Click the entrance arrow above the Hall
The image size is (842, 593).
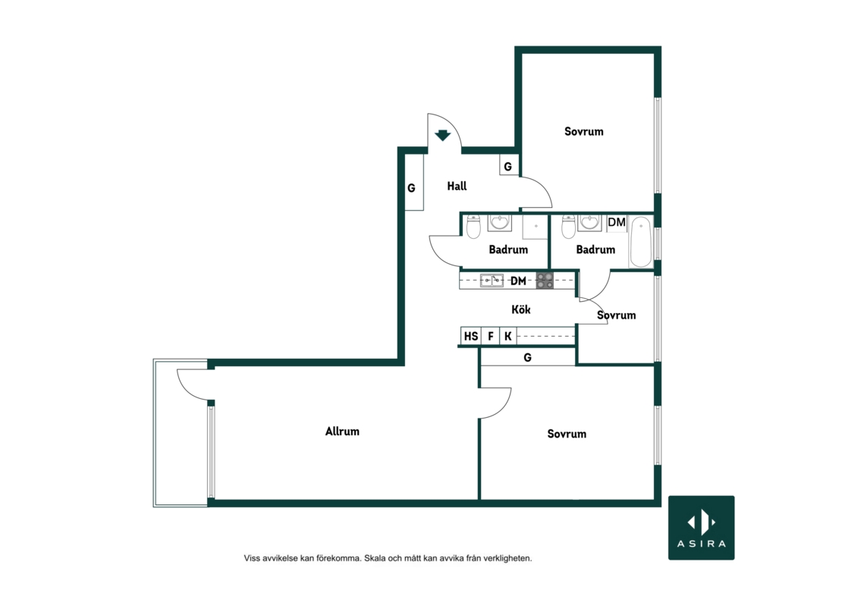pyautogui.click(x=442, y=135)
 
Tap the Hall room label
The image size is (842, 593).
pyautogui.click(x=457, y=187)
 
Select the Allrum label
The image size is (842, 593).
pyautogui.click(x=342, y=431)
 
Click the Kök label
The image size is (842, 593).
pyautogui.click(x=521, y=309)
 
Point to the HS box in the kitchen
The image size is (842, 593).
pyautogui.click(x=471, y=336)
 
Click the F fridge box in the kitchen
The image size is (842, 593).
pyautogui.click(x=490, y=336)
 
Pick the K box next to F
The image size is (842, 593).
pyautogui.click(x=508, y=336)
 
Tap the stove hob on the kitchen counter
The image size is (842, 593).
pyautogui.click(x=545, y=281)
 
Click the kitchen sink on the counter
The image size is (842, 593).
pyautogui.click(x=492, y=280)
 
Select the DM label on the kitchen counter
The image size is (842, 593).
pyautogui.click(x=518, y=281)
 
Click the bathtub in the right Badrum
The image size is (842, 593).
pyautogui.click(x=641, y=241)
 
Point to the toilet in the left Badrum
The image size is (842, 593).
pyautogui.click(x=473, y=227)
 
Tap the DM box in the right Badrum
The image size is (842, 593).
pyautogui.click(x=617, y=222)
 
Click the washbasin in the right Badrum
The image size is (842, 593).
pyautogui.click(x=589, y=223)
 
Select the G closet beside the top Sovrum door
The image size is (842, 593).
pyautogui.click(x=508, y=166)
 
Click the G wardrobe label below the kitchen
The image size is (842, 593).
pyautogui.click(x=527, y=357)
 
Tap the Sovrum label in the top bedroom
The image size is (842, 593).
pyautogui.click(x=583, y=131)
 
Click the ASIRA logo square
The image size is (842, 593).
pyautogui.click(x=702, y=528)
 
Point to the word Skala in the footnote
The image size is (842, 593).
pyautogui.click(x=375, y=558)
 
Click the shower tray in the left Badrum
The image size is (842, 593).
pyautogui.click(x=536, y=227)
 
